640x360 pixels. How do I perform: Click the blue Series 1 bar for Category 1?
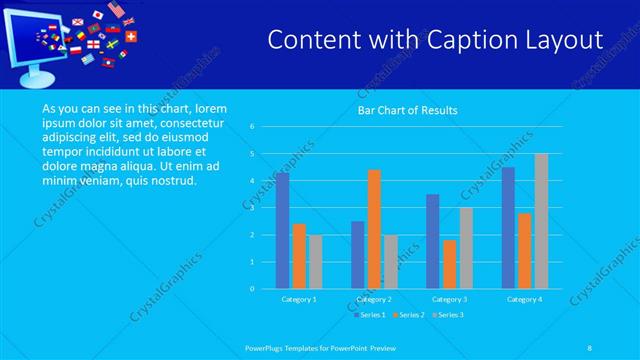pos(282,231)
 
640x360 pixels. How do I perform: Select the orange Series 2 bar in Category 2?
pos(374,229)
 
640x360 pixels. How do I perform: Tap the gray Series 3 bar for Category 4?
pos(541,221)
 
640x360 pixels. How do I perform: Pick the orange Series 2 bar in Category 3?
pos(449,264)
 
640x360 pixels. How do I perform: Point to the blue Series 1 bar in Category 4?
pos(508,228)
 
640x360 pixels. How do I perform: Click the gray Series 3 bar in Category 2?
pos(391,262)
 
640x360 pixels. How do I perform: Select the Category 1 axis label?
pos(299,299)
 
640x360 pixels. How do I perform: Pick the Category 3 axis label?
pos(449,299)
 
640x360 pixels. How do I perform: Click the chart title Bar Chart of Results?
pos(407,109)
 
